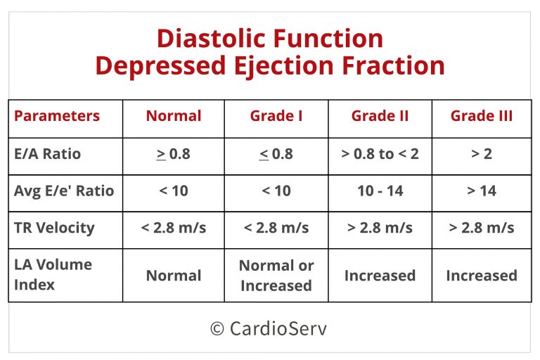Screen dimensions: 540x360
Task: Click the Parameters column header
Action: [x=57, y=116]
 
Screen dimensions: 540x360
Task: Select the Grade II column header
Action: [x=380, y=116]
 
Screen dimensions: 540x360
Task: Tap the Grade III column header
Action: [x=482, y=116]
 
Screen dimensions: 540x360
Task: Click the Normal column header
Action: [x=174, y=116]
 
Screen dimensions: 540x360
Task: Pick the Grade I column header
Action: [x=276, y=116]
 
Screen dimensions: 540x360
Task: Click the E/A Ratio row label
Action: [x=48, y=154]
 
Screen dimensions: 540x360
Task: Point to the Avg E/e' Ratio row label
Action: [x=64, y=191]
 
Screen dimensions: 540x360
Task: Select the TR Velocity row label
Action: [x=54, y=228]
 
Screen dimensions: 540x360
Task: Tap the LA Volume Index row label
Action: [x=53, y=274]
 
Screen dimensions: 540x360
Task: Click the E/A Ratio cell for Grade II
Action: [x=380, y=154]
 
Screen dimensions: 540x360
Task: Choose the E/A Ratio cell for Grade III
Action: [x=482, y=154]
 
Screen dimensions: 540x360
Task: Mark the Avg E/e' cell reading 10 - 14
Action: [x=380, y=191]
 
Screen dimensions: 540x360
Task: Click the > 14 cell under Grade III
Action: [x=482, y=191]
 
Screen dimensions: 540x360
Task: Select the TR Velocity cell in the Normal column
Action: [x=174, y=228]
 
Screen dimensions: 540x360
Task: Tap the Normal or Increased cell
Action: [x=276, y=276]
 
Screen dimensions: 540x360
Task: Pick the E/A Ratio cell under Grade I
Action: [x=276, y=154]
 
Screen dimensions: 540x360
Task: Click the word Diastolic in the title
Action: [x=212, y=38]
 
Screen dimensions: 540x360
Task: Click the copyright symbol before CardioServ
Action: [x=217, y=328]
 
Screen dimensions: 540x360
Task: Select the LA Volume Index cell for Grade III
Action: [x=482, y=276]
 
